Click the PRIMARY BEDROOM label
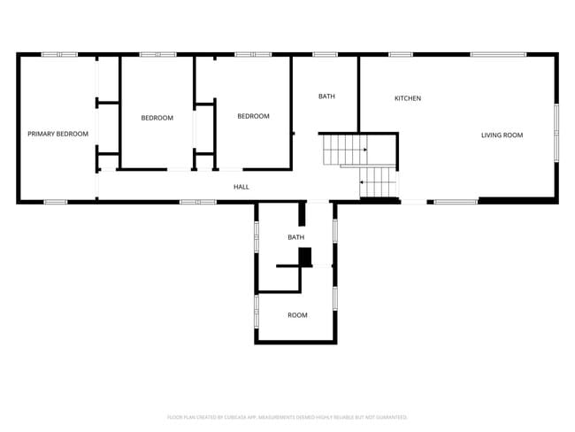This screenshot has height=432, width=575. click(57, 134)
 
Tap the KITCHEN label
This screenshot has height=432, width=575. click(408, 98)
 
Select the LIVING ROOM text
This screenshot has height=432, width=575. click(502, 135)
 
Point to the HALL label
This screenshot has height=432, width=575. click(241, 187)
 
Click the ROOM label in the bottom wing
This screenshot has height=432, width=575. click(297, 315)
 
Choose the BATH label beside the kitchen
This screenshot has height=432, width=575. click(326, 96)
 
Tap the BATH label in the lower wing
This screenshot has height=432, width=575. click(296, 237)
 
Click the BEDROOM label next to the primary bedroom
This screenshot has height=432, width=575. click(157, 118)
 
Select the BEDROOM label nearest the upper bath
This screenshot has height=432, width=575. click(253, 116)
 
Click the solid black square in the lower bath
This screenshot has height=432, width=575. click(305, 257)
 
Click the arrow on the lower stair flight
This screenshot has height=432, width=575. click(364, 183)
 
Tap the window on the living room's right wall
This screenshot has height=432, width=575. click(556, 133)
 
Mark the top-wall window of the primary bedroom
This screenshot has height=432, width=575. click(59, 55)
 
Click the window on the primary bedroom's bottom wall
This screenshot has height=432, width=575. click(56, 202)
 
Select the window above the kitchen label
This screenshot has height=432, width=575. click(401, 55)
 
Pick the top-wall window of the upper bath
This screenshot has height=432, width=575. click(326, 55)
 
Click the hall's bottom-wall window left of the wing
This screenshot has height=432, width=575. click(198, 202)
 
